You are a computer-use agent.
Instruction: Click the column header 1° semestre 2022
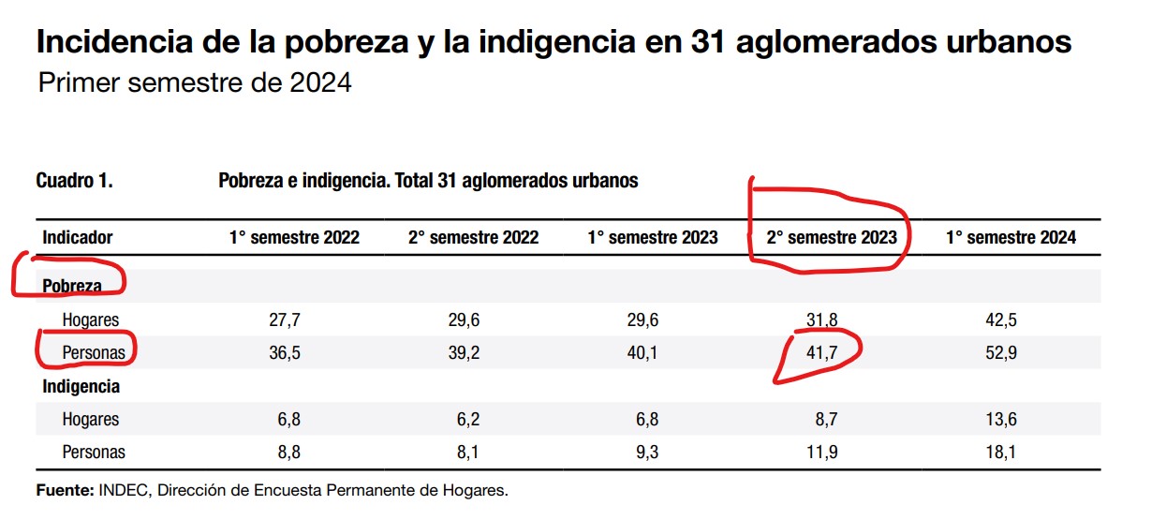pyautogui.click(x=294, y=238)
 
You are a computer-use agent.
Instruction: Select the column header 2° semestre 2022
pyautogui.click(x=473, y=238)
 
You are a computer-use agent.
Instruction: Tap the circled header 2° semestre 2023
pyautogui.click(x=832, y=238)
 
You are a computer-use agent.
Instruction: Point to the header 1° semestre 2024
pyautogui.click(x=1011, y=238)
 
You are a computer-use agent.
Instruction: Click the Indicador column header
pyautogui.click(x=78, y=238)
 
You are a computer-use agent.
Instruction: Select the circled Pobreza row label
pyautogui.click(x=72, y=286)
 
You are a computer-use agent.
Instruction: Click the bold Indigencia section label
pyautogui.click(x=81, y=386)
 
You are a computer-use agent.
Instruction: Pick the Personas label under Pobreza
pyautogui.click(x=94, y=353)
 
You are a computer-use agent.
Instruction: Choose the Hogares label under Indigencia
pyautogui.click(x=91, y=420)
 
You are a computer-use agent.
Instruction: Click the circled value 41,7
pyautogui.click(x=822, y=353)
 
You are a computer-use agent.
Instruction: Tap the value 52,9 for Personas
pyautogui.click(x=1001, y=353)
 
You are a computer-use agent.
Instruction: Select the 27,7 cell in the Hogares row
pyautogui.click(x=285, y=320)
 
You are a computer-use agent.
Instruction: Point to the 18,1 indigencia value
pyautogui.click(x=1001, y=453)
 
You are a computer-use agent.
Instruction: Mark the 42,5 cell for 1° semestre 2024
pyautogui.click(x=1001, y=320)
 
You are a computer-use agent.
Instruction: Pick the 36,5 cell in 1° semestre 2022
pyautogui.click(x=285, y=353)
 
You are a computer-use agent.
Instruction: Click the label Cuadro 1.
pyautogui.click(x=74, y=181)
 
